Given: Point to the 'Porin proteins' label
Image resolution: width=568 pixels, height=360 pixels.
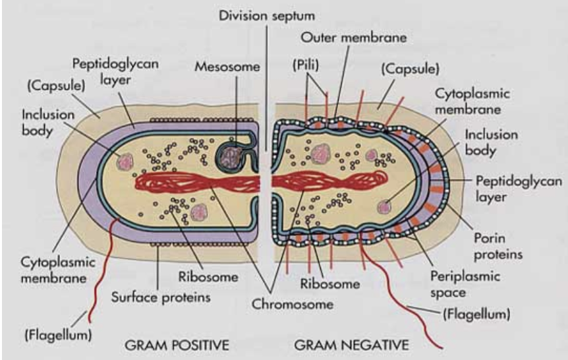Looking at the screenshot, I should tap(498, 245).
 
